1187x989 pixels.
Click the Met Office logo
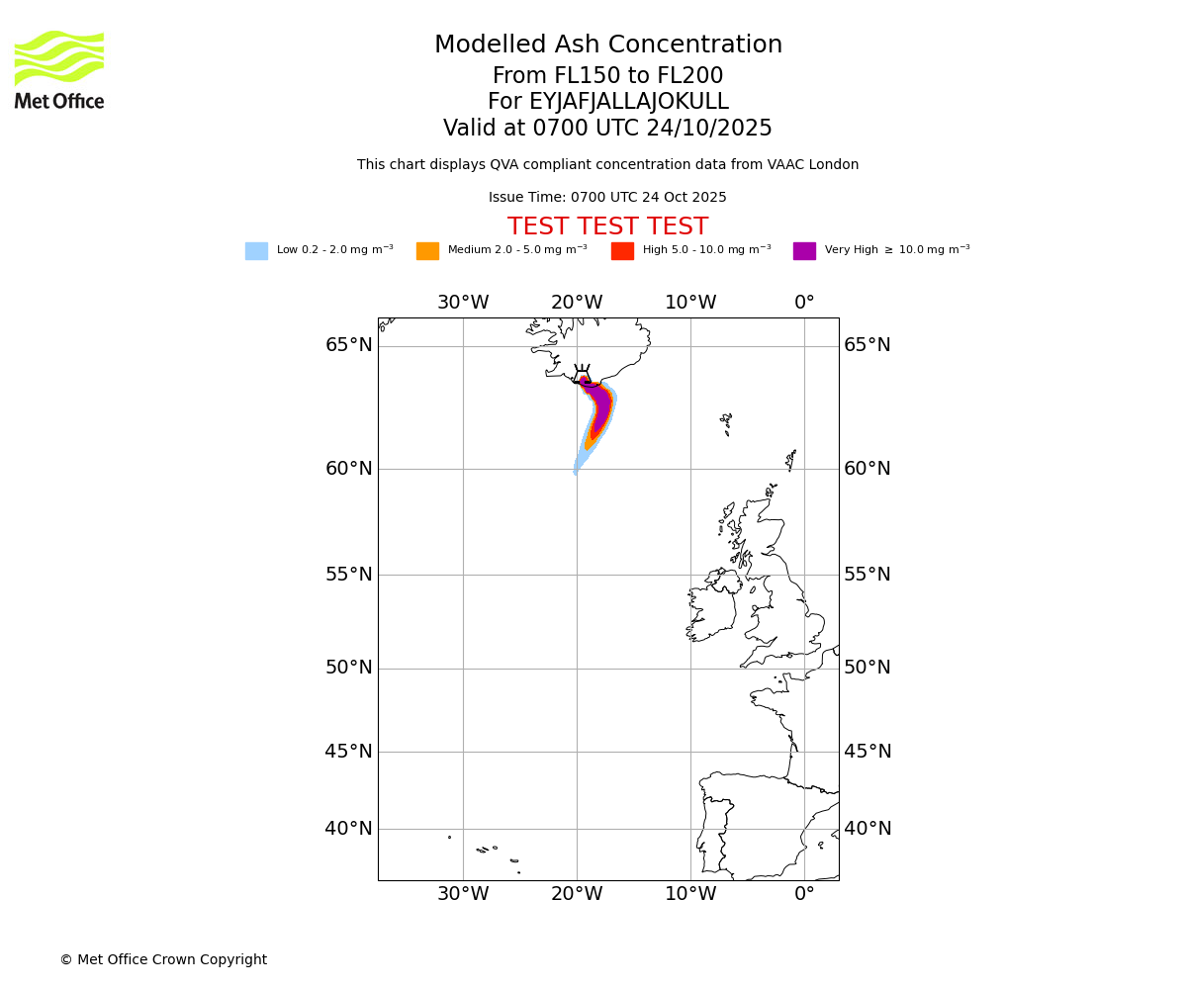[x=59, y=69]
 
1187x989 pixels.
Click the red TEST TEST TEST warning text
[x=607, y=226]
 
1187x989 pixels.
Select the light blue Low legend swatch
[x=256, y=250]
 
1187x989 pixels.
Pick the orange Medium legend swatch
[x=427, y=250]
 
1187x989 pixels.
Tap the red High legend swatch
[x=622, y=250]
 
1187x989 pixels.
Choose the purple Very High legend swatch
[x=804, y=250]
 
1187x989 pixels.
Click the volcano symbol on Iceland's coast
[x=582, y=375]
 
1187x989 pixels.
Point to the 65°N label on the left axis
[x=349, y=345]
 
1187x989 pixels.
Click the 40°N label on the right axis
[x=867, y=829]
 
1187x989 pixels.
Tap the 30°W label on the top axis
[x=463, y=303]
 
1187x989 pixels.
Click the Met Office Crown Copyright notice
[x=163, y=959]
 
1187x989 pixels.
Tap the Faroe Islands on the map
[x=726, y=422]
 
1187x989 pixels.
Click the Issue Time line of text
[x=607, y=198]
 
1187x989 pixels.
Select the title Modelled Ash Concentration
[x=607, y=45]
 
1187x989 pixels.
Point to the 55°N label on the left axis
[x=349, y=575]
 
